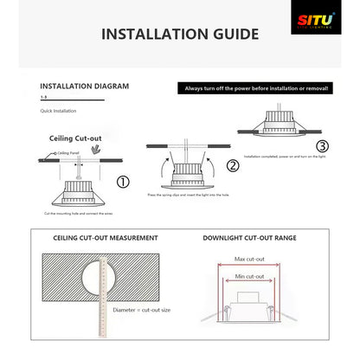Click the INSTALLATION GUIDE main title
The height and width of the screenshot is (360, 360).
pos(180,35)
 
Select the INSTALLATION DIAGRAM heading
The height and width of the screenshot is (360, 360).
pos(85,87)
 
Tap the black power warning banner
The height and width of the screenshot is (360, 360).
pos(256,87)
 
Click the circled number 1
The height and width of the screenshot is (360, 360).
pos(123,182)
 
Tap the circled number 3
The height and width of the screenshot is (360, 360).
pos(322,145)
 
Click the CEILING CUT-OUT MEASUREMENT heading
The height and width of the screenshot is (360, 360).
pos(106,236)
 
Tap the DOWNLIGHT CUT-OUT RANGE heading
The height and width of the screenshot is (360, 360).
pos(248,236)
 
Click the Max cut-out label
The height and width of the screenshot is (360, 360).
pos(248,259)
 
